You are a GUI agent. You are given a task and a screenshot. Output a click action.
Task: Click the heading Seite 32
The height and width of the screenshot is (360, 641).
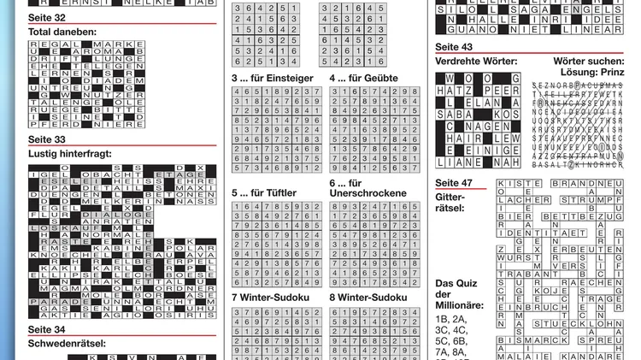47,17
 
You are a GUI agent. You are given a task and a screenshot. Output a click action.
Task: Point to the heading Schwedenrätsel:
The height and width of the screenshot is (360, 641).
67,344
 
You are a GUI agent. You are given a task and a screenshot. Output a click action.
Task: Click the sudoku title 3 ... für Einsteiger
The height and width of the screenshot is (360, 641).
273,78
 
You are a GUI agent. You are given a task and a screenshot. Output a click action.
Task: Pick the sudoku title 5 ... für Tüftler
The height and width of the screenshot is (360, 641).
266,193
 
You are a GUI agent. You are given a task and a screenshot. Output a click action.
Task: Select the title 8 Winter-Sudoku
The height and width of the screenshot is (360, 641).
370,298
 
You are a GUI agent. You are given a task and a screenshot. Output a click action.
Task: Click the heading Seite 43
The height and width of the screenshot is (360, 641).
454,47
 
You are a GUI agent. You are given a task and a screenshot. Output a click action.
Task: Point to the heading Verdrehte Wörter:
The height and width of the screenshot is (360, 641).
476,62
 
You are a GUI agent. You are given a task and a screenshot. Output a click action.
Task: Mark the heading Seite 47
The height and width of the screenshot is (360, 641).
454,183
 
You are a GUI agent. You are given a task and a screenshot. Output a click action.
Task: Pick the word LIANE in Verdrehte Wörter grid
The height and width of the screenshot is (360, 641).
458,162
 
